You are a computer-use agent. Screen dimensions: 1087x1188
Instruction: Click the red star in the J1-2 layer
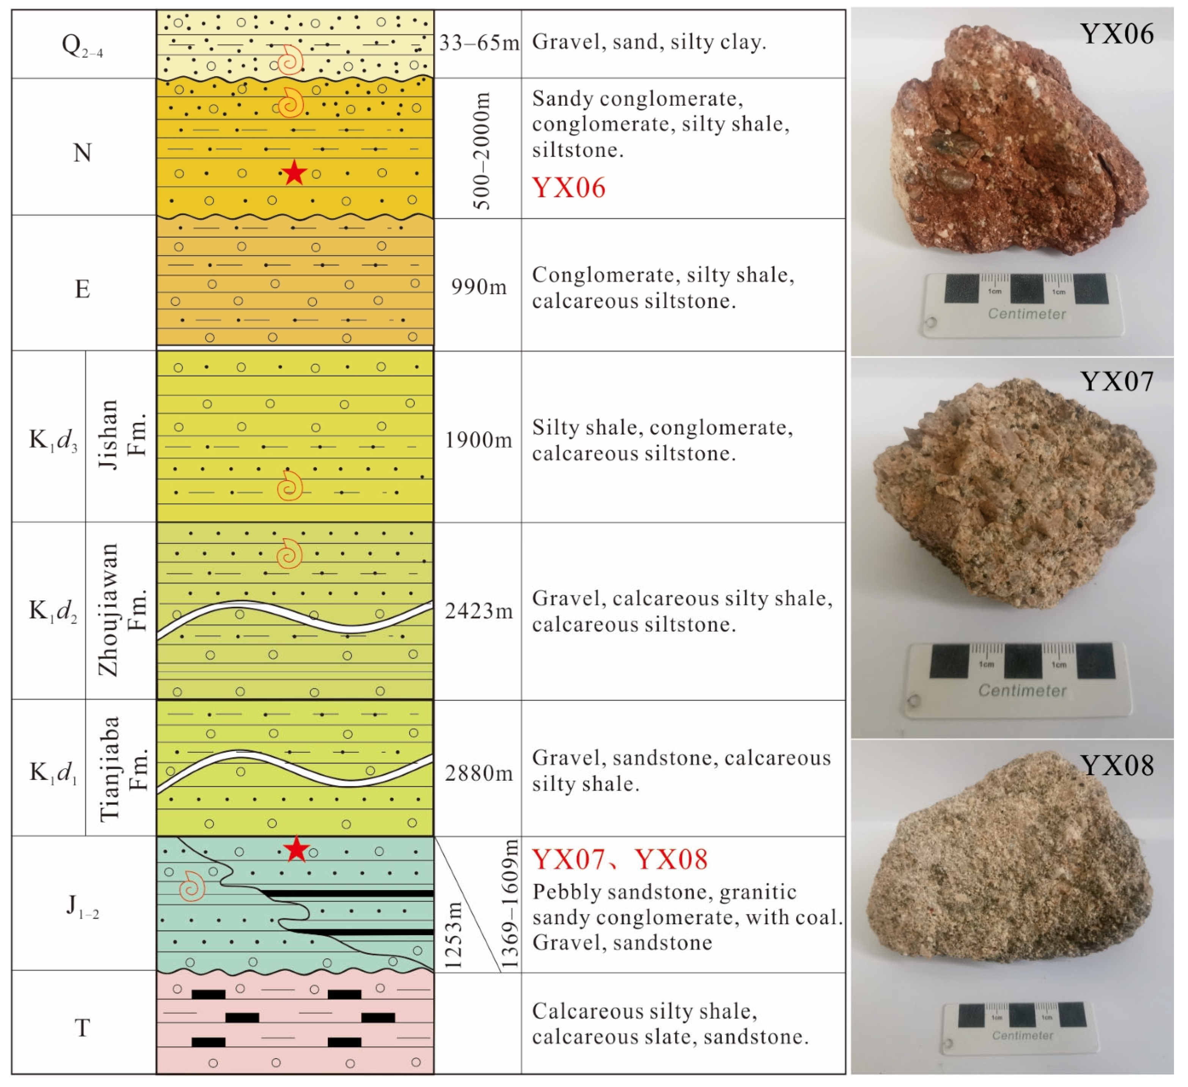click(x=296, y=849)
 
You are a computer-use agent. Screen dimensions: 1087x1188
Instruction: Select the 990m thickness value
click(x=479, y=287)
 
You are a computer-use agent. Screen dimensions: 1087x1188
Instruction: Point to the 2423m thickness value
click(x=479, y=611)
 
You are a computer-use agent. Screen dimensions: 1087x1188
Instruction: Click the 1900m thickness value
click(x=479, y=440)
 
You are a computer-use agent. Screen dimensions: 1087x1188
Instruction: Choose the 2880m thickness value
click(x=479, y=773)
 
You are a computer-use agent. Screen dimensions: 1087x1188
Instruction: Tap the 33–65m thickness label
click(x=479, y=42)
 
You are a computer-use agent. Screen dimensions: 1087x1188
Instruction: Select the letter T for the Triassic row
click(x=83, y=1028)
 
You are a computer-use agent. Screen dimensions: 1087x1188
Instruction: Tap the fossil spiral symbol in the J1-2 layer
click(x=192, y=886)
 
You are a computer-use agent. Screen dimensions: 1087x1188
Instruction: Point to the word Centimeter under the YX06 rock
click(x=1026, y=314)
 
